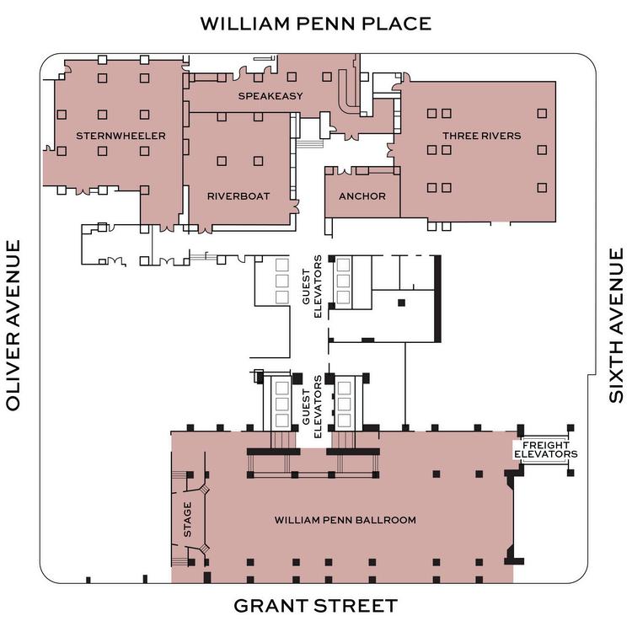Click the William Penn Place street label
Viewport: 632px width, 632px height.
[x=315, y=23]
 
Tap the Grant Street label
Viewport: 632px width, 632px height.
[x=315, y=606]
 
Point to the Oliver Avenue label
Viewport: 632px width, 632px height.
[x=13, y=325]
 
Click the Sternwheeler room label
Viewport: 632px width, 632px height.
[x=121, y=136]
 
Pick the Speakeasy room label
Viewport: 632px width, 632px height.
[x=270, y=96]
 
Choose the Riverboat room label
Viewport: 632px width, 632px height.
[x=238, y=196]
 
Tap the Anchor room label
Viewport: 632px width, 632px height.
[x=362, y=196]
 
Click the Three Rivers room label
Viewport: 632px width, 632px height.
[x=481, y=136]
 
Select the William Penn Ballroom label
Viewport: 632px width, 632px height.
[x=345, y=520]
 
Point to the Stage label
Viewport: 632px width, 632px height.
[x=187, y=519]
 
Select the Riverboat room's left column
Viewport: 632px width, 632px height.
[x=222, y=160]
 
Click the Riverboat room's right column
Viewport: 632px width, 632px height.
[x=257, y=160]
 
